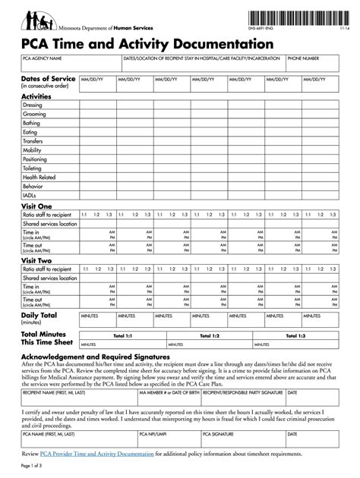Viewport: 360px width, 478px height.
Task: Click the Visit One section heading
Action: pyautogui.click(x=36, y=206)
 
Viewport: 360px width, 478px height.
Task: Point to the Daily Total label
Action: pyautogui.click(x=39, y=314)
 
